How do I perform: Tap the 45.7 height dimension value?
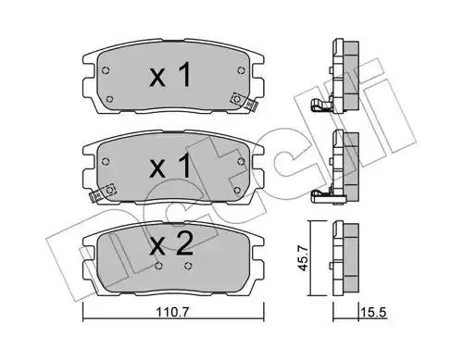click(x=304, y=258)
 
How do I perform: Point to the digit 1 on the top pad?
click(x=183, y=74)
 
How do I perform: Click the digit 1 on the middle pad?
click(x=183, y=166)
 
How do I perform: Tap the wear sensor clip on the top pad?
click(x=244, y=101)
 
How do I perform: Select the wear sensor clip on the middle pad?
click(x=102, y=192)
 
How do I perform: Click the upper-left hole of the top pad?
click(x=106, y=70)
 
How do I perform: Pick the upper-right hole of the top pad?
click(x=241, y=70)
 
